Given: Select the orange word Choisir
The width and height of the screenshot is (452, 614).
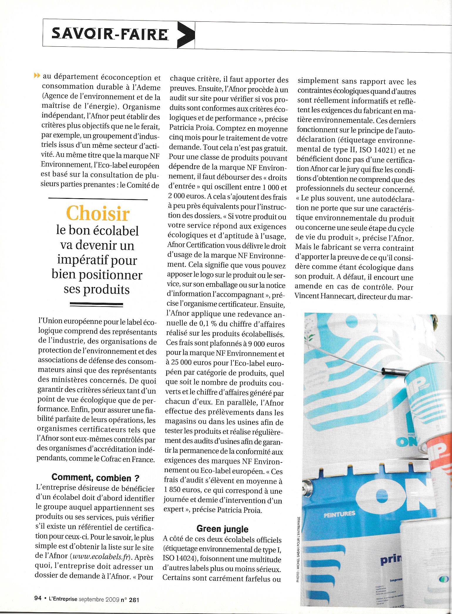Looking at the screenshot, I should (x=98, y=214).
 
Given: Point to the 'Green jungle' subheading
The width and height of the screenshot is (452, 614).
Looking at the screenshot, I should (x=222, y=529).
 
